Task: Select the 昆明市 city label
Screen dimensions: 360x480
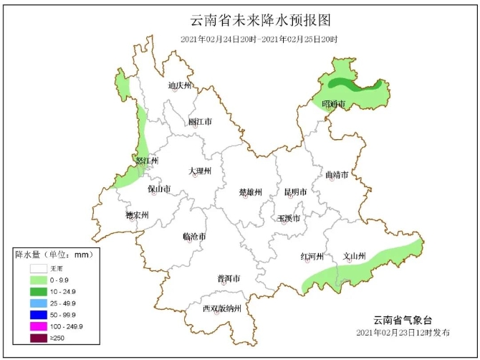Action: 295,192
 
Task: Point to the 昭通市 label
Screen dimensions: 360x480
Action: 334,105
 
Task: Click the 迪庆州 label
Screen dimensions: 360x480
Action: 180,86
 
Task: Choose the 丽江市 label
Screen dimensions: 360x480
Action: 200,122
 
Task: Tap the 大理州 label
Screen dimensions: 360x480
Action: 200,171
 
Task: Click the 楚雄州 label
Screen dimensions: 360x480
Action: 250,192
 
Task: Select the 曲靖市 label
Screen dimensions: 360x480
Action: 336,175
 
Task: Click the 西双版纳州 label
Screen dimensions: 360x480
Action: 221,309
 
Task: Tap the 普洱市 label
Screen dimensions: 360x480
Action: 228,278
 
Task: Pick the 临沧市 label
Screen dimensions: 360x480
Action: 194,236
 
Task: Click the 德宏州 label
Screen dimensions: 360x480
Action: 136,214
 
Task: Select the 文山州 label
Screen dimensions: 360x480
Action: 355,256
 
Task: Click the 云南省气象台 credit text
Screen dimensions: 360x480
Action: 403,320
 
